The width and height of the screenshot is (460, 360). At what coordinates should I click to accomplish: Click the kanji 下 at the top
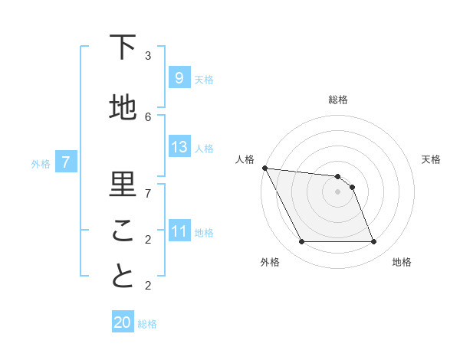[x=123, y=47]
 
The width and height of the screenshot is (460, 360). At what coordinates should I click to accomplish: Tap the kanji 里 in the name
[x=123, y=185]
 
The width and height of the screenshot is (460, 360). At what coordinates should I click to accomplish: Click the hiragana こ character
[x=123, y=231]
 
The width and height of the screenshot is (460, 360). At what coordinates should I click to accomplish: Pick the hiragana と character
[x=123, y=277]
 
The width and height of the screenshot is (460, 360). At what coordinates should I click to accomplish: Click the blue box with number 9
[x=179, y=78]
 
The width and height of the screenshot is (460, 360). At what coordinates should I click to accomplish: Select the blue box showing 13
[x=179, y=147]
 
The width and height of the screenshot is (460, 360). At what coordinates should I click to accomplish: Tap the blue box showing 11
[x=179, y=231]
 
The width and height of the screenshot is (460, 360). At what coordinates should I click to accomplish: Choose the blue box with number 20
[x=123, y=322]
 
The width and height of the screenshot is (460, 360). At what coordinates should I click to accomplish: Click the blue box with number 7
[x=66, y=162]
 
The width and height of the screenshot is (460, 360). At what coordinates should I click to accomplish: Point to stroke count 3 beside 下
[x=148, y=55]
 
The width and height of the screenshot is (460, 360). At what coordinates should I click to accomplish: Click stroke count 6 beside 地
[x=148, y=116]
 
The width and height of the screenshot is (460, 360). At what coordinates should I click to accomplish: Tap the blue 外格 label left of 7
[x=41, y=163]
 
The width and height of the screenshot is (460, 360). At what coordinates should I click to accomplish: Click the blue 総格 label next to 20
[x=147, y=324]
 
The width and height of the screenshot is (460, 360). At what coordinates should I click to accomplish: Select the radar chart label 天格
[x=432, y=159]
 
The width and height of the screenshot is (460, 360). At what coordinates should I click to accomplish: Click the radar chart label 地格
[x=402, y=262]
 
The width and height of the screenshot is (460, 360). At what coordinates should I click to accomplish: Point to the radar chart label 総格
[x=338, y=100]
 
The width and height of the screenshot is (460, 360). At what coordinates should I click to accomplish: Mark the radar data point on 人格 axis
[x=264, y=168]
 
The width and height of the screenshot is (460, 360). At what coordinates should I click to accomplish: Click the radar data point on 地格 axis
[x=374, y=242]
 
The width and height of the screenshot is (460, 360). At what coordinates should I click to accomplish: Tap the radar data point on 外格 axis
[x=301, y=242]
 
